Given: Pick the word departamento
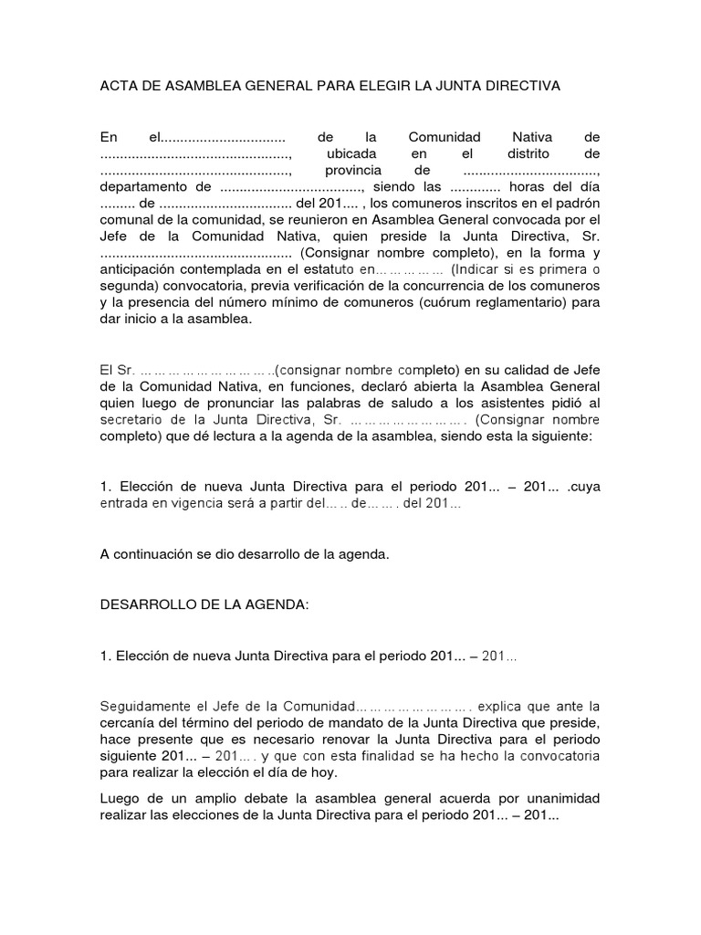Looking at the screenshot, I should pos(141,188).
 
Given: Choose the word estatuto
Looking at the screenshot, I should pos(330,269).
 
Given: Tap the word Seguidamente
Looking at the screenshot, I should pos(143,706).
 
